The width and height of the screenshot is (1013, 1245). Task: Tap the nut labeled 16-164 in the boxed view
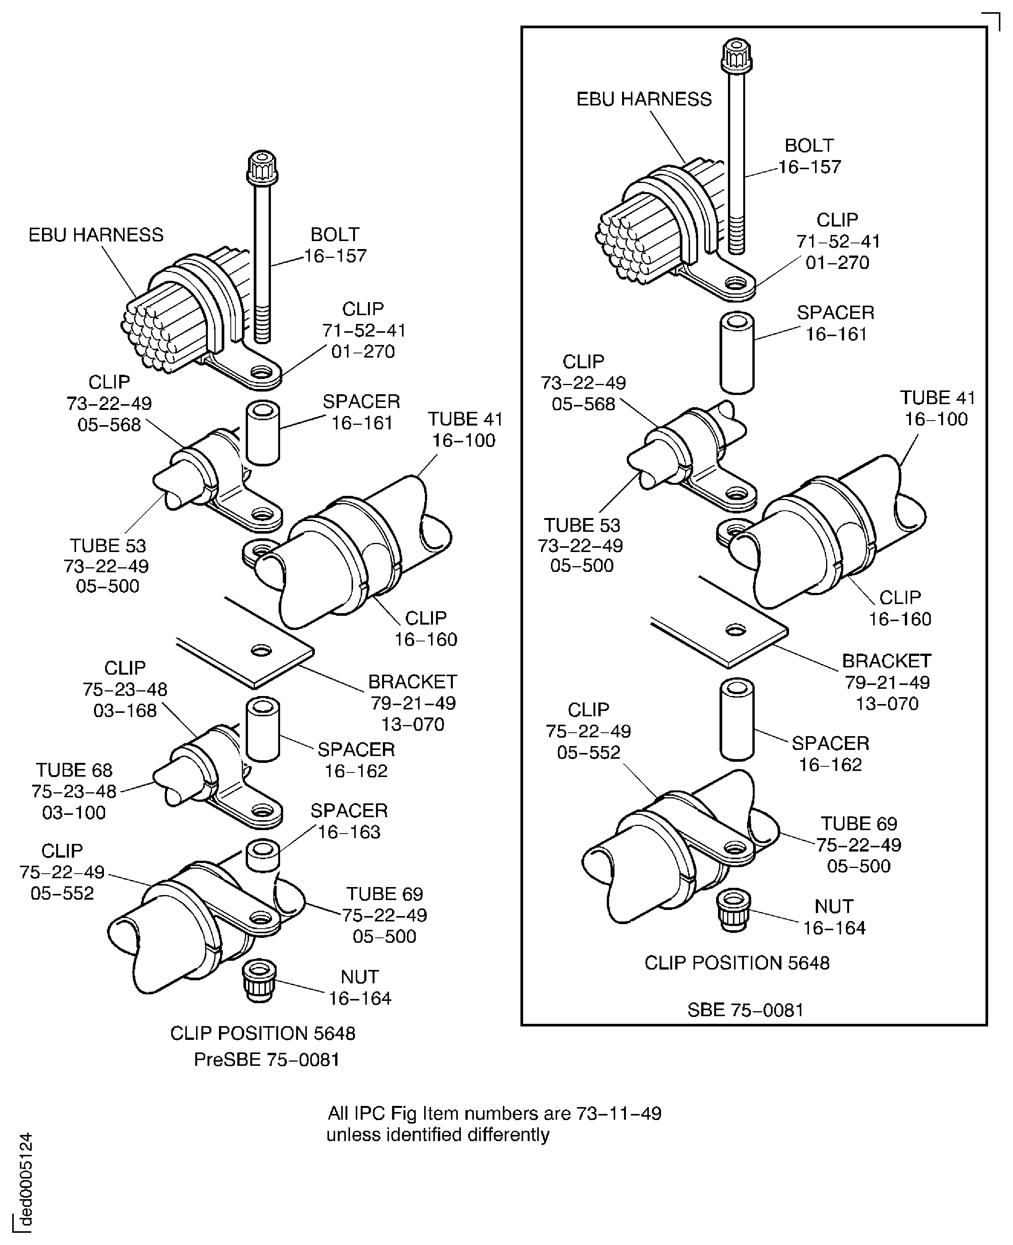coord(734,911)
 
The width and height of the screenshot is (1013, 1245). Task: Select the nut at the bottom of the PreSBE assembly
coord(260,982)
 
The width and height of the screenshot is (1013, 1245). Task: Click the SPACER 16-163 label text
coord(349,821)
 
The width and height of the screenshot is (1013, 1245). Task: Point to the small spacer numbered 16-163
coord(263,854)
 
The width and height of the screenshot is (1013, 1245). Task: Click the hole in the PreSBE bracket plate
coord(261,650)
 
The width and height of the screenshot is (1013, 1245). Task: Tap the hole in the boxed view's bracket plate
coord(735,630)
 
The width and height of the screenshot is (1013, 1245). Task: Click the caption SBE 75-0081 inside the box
coord(745,1010)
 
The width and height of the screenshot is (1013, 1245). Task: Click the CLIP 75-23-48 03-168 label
coord(125,689)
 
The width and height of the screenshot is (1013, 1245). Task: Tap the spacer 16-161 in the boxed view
coord(737,353)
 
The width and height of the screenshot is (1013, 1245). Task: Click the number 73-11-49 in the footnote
coord(619,1113)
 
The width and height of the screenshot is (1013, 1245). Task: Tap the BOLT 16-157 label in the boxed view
coord(809,156)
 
